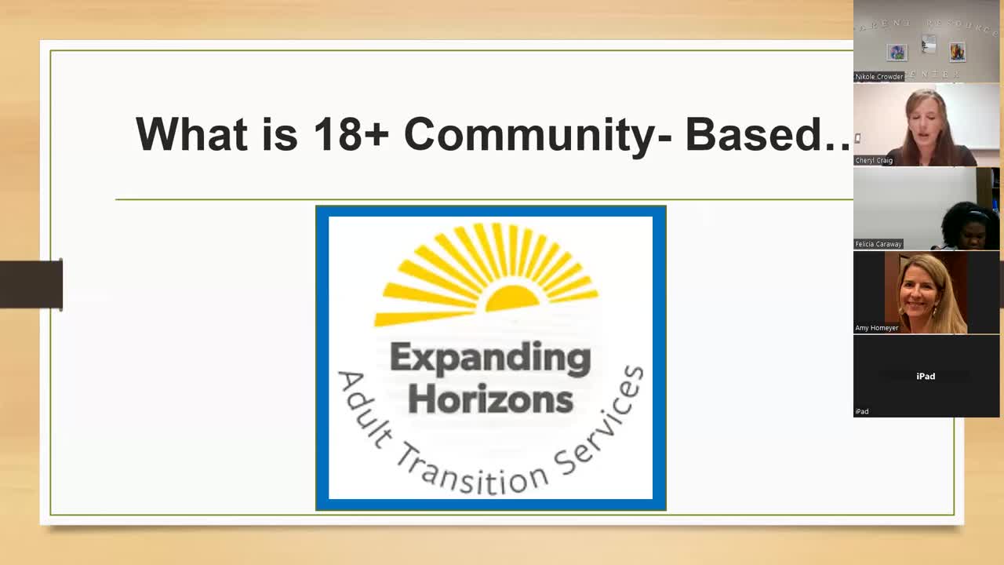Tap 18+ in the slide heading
click(351, 134)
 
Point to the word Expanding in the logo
click(490, 359)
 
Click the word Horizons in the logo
click(490, 399)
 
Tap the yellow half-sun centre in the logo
click(512, 298)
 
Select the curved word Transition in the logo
click(471, 472)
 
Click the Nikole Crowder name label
click(879, 77)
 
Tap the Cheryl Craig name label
click(874, 161)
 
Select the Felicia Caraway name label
click(878, 244)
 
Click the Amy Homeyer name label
click(877, 328)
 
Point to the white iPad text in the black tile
click(926, 376)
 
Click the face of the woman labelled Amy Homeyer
click(926, 291)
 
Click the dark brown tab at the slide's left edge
click(31, 284)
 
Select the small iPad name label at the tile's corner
click(862, 411)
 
